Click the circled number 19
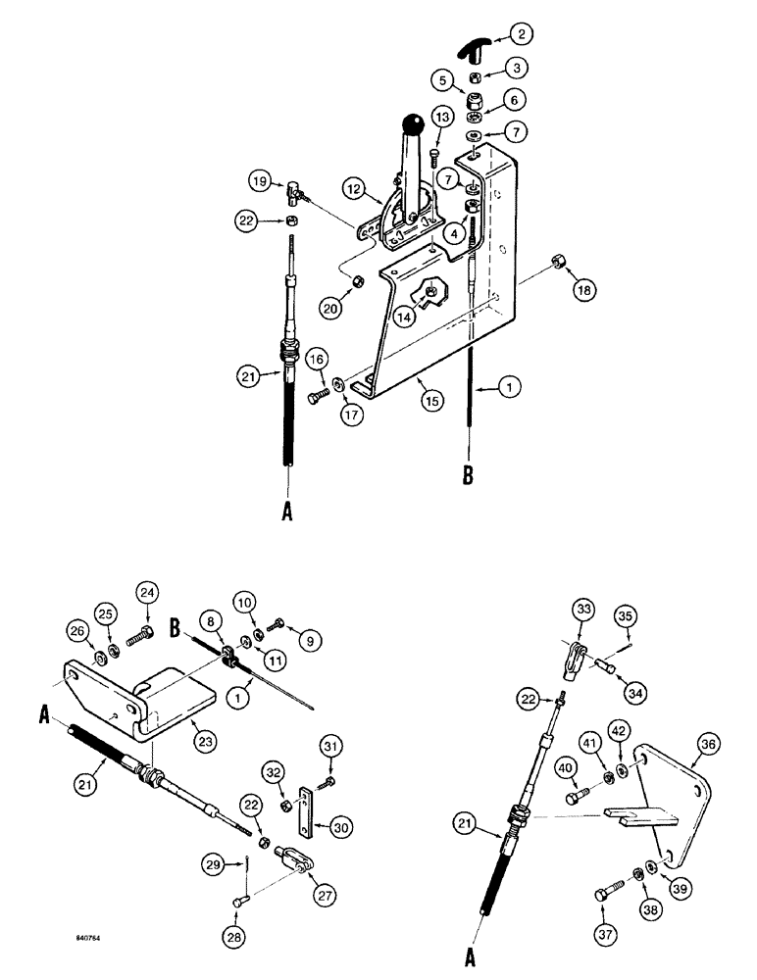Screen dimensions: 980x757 click(x=259, y=183)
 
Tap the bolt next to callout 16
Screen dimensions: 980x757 click(x=293, y=399)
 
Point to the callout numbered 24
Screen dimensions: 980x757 click(x=147, y=592)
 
